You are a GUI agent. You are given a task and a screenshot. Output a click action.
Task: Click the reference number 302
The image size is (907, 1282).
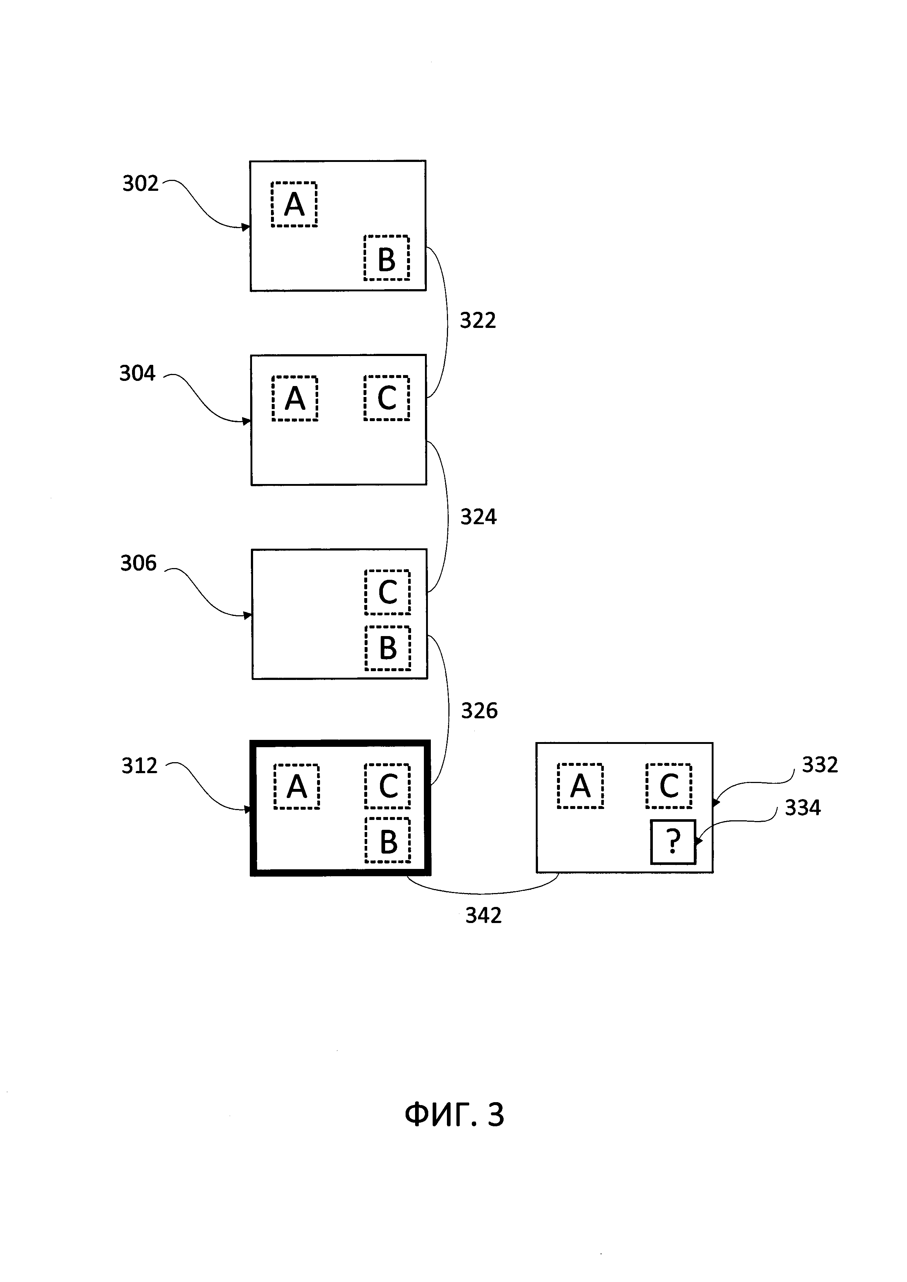(140, 184)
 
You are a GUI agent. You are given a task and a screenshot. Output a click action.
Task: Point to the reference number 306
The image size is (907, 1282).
(139, 563)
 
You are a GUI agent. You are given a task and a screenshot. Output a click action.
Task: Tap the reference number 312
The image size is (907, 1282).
(140, 765)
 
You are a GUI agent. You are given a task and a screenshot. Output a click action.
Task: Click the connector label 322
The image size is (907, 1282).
(478, 321)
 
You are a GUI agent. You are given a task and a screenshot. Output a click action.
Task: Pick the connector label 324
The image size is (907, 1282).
(478, 517)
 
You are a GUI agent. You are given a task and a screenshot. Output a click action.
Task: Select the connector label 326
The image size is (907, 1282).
(479, 711)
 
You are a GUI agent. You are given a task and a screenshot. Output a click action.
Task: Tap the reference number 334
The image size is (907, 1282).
(802, 808)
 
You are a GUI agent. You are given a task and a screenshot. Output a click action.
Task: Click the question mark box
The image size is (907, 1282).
(673, 842)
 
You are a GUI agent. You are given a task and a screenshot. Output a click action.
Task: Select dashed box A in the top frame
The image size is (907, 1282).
(294, 204)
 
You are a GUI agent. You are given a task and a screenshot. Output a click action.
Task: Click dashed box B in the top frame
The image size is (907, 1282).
(387, 258)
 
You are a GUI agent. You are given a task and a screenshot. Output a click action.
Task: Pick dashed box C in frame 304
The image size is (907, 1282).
(387, 398)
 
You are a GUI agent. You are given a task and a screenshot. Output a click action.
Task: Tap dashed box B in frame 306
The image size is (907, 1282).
(388, 648)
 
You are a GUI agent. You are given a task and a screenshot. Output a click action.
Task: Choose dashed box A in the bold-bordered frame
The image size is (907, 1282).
(297, 786)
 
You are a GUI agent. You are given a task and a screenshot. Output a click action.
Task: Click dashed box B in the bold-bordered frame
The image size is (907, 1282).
(388, 840)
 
